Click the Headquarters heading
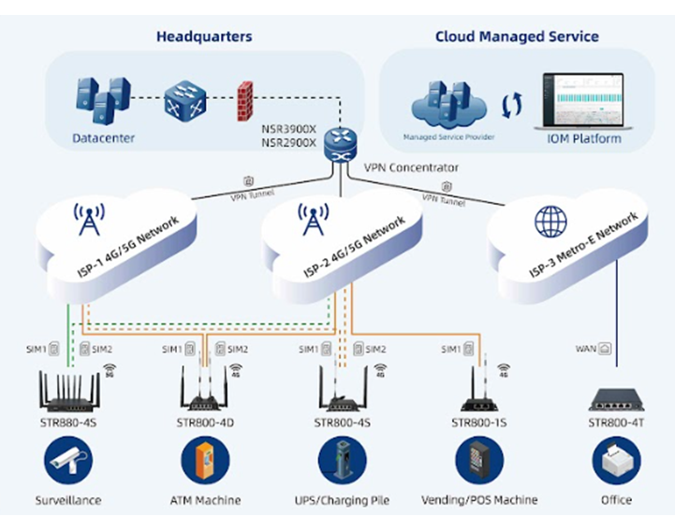[204, 37]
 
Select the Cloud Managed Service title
[517, 37]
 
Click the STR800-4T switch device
[617, 401]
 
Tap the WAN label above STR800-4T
[586, 349]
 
